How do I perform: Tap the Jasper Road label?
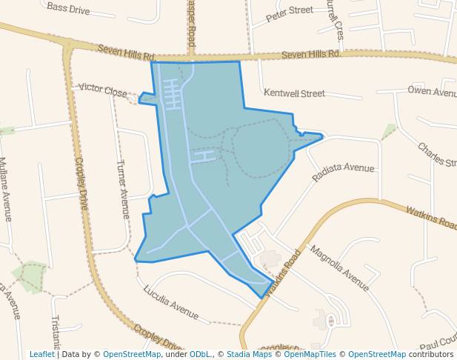[191, 22]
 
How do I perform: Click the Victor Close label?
[103, 90]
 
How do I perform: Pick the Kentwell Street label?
[294, 93]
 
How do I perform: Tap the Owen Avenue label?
[433, 92]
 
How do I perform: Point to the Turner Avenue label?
[124, 188]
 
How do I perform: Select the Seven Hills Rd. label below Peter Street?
[311, 54]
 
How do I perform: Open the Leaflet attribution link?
[41, 354]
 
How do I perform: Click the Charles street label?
[436, 155]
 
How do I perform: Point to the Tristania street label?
[56, 333]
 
